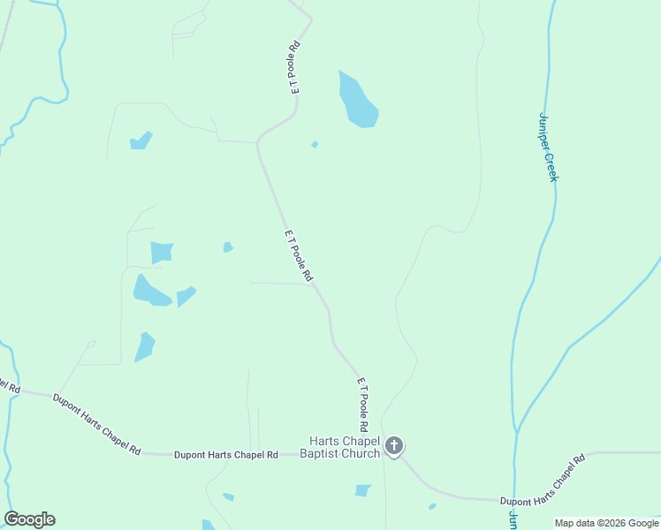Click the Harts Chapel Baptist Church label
344,447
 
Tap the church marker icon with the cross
394,446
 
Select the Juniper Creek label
549,147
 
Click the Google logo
29,519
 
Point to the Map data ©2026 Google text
606,523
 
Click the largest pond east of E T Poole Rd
357,100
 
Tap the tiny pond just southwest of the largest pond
315,144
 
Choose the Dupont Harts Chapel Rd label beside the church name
226,454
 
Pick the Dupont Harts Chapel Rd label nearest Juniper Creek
543,481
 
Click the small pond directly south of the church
362,490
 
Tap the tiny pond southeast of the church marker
432,506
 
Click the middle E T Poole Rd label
299,256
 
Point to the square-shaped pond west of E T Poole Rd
162,252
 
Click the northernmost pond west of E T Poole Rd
141,140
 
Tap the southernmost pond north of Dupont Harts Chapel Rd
144,346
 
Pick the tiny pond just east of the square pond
228,247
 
